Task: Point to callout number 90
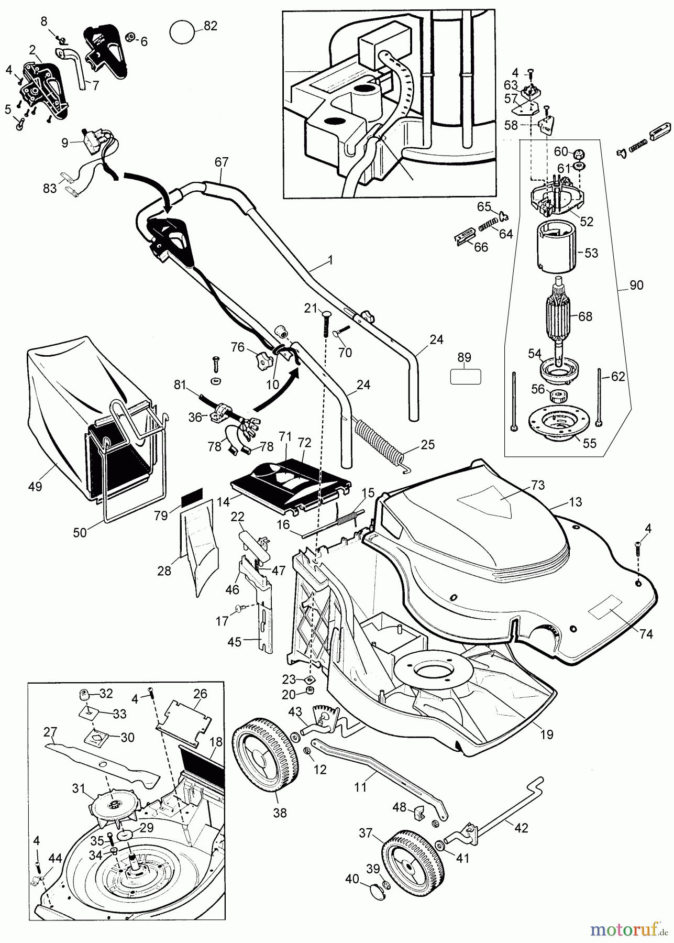637,286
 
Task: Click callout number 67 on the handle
222,162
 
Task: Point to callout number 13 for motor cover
574,502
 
